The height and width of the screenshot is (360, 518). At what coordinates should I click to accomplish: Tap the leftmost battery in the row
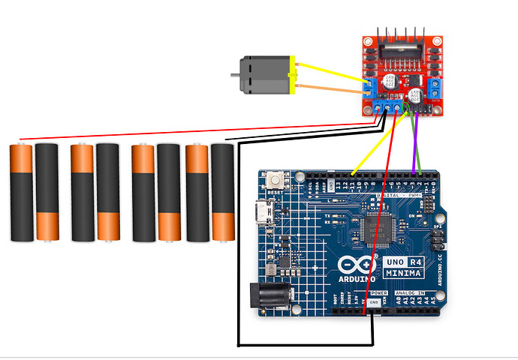[x=21, y=193]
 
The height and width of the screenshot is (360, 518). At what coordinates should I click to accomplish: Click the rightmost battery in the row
[x=222, y=193]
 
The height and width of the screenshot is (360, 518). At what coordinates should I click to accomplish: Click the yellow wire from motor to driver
[x=330, y=71]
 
